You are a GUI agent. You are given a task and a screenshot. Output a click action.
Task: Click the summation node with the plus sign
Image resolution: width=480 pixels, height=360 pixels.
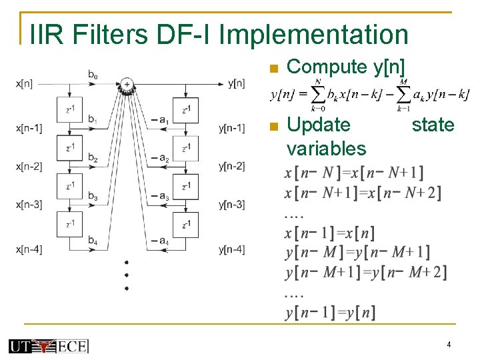pos(126,84)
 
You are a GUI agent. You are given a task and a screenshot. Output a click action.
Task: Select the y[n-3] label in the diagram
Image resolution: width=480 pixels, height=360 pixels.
pos(231,205)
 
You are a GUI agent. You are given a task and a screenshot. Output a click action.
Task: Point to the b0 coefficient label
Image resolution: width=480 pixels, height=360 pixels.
pos(93,75)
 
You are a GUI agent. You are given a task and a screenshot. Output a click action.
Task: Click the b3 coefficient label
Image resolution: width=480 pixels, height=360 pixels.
pos(93,197)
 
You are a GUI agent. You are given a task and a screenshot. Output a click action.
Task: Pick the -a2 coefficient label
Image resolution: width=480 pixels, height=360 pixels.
pos(159,159)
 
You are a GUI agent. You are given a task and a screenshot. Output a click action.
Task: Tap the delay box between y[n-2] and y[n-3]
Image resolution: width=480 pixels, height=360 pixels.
pos(185,186)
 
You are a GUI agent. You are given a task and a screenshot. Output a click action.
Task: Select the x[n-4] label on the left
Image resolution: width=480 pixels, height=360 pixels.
pos(29,249)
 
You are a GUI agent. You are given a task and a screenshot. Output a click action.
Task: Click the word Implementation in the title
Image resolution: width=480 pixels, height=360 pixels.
pos(313,35)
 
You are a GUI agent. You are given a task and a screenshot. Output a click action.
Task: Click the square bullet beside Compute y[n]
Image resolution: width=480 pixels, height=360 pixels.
pos(271,68)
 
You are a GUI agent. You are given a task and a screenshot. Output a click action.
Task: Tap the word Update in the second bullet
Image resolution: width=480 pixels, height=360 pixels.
pos(317,125)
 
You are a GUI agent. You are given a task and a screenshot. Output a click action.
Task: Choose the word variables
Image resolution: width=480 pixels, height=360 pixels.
pos(326,148)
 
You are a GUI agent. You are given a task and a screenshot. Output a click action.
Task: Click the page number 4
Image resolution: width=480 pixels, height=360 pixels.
pos(449,345)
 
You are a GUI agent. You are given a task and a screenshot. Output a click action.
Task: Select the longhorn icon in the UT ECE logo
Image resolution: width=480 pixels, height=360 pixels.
pos(45,346)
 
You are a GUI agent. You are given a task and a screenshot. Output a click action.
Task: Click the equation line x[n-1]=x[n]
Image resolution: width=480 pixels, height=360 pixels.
pos(329,233)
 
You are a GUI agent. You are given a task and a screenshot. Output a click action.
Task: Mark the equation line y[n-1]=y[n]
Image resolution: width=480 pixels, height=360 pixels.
pos(330,312)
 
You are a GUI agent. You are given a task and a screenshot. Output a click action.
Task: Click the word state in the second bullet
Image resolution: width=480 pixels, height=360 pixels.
pos(433,125)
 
